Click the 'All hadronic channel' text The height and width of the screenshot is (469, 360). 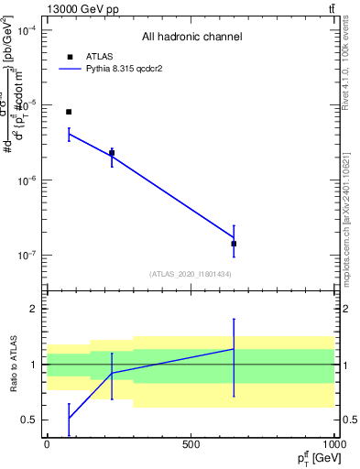191,38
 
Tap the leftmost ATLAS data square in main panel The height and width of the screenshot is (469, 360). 69,112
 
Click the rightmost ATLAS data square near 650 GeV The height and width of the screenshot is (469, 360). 234,244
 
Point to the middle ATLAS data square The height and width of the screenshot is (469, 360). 112,153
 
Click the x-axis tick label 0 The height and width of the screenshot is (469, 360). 47,444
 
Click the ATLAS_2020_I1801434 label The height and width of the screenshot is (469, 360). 191,274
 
